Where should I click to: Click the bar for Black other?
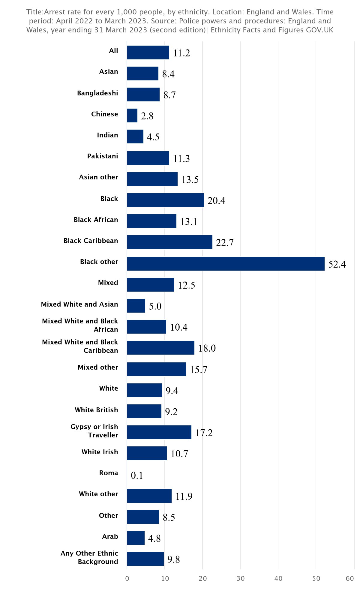[226, 263]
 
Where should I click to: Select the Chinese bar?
[132, 115]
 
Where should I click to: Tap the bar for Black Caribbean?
[169, 242]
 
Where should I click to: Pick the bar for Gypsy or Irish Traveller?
[159, 432]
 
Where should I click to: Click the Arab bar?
[136, 538]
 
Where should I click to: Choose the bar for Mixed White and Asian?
[136, 306]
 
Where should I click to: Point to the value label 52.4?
[337, 264]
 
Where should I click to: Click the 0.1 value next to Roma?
[137, 475]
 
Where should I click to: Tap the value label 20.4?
[216, 200]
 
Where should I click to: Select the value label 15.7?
[198, 370]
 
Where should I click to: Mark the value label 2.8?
[147, 116]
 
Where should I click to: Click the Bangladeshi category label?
[97, 93]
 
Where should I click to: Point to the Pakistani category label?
[103, 156]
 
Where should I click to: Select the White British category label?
[96, 410]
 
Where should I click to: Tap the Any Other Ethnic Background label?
[89, 557]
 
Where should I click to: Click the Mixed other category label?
[98, 367]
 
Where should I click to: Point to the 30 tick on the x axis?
[240, 578]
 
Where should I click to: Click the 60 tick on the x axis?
[350, 578]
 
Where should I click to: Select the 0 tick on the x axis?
[127, 578]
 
